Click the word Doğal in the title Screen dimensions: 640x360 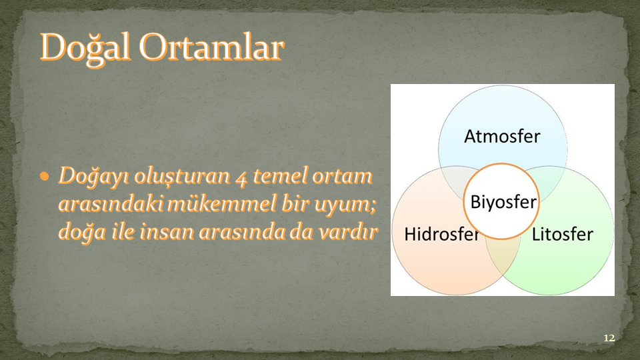pos(85,48)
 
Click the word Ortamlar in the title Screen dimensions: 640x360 pos(211,47)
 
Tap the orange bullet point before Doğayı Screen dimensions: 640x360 pos(45,176)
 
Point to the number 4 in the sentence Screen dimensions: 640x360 pos(241,177)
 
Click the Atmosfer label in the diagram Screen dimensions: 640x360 pos(502,136)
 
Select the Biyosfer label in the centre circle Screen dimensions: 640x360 pos(503,202)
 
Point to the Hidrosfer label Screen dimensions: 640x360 pos(441,234)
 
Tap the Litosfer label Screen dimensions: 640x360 pos(563,234)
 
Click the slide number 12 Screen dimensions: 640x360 pos(609,338)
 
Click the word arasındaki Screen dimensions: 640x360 pos(111,204)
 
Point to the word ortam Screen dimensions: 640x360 pos(342,176)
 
